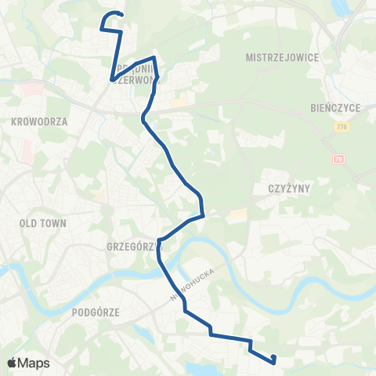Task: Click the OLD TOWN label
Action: (42, 223)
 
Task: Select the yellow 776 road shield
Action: (342, 127)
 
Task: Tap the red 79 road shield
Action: (339, 158)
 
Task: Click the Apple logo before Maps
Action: (12, 363)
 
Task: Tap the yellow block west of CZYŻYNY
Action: (239, 214)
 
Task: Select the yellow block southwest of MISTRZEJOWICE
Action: (179, 103)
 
